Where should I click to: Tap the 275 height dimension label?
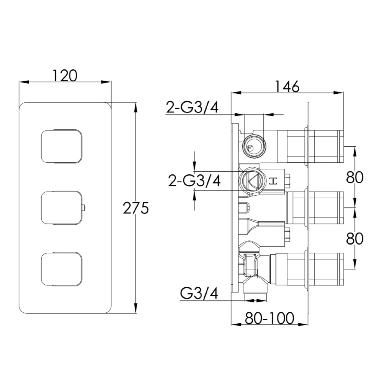point(136,208)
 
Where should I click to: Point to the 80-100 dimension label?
point(269,318)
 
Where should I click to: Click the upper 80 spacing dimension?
point(355,177)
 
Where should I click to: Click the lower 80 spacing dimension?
point(355,238)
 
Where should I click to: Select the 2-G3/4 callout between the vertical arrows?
point(194,181)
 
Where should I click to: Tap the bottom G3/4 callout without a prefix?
point(199,293)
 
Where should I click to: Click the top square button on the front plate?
point(62,146)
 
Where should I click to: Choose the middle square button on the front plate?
point(62,208)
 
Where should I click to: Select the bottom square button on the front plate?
point(62,269)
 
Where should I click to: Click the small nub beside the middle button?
point(84,208)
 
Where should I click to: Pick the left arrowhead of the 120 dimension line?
point(24,82)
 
